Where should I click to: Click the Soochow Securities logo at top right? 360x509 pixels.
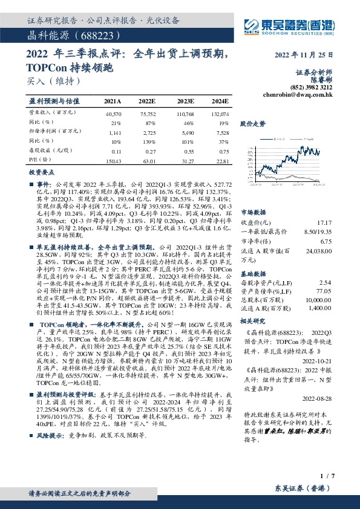(x=290, y=26)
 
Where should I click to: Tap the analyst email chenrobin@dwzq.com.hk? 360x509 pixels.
(x=298, y=94)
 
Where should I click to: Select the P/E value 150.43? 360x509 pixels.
(x=113, y=161)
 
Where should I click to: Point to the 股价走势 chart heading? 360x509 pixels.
(x=253, y=123)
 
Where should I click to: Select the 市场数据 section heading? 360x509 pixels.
(x=254, y=213)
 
